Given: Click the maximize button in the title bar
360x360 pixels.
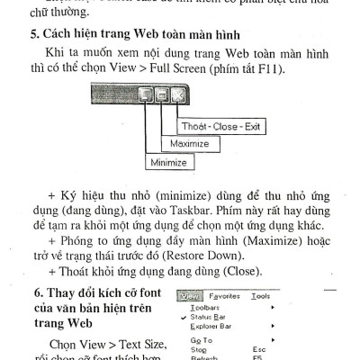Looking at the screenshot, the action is point(161,94).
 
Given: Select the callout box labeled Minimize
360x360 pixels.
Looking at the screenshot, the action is point(168,163).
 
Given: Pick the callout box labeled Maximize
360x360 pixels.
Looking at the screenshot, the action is point(187,144).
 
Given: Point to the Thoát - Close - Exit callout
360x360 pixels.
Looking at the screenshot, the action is point(221,126).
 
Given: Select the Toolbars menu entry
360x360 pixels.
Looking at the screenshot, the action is point(206,306).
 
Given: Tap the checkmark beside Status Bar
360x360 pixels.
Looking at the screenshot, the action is point(184,316).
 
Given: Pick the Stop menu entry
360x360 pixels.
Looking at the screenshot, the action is point(200,350).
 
